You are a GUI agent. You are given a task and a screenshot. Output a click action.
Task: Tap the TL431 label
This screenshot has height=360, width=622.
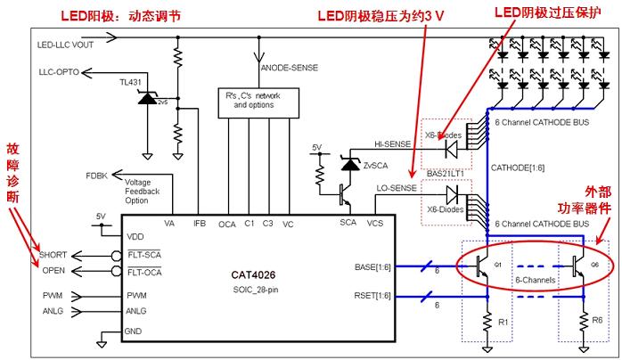point(132,82)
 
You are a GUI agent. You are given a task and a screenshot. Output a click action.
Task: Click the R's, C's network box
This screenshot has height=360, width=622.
point(255,101)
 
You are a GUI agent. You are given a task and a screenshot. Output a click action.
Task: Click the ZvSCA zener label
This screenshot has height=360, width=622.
point(374,167)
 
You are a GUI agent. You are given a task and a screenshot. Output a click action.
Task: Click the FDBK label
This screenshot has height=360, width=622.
point(97,175)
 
